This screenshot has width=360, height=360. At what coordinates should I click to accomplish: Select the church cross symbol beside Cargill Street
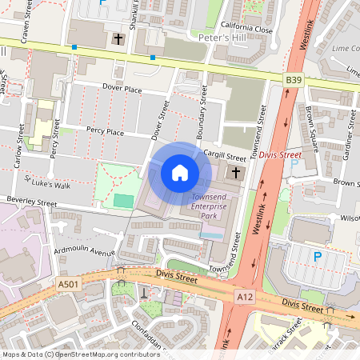pos(237,173)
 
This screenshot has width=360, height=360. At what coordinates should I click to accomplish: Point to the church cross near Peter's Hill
pos(119,38)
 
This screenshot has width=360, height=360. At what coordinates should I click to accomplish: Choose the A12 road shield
pos(245,296)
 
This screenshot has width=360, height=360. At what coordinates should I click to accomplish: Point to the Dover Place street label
pos(122,90)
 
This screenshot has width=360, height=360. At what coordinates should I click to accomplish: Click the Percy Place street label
pos(105,131)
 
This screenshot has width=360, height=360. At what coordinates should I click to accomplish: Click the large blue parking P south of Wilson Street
pos(317,257)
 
